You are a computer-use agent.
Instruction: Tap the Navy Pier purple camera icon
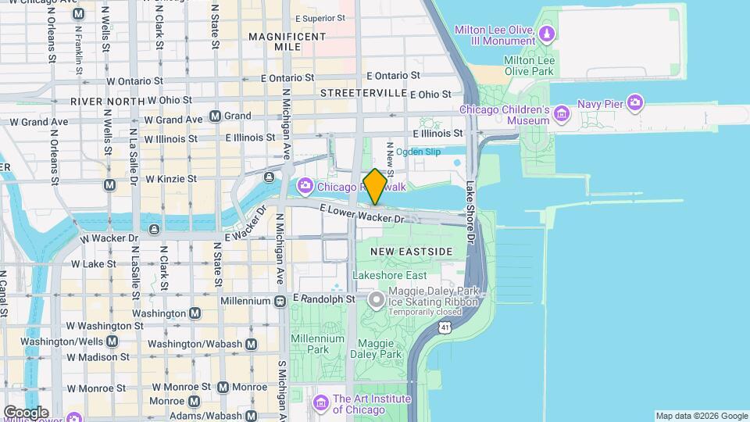[x=635, y=102]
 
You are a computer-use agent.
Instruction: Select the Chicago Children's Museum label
[x=505, y=115]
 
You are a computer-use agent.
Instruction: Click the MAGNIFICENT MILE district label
[x=287, y=41]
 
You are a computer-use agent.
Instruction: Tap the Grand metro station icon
[x=216, y=116]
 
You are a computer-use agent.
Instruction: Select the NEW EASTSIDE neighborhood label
[x=411, y=252]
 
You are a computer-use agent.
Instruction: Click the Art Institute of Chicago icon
[x=320, y=402]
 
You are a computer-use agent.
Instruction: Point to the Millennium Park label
[x=317, y=344]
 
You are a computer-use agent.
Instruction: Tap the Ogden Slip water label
[x=419, y=152]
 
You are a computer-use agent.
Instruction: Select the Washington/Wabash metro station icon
[x=252, y=344]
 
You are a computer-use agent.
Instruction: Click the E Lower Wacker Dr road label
[x=365, y=213]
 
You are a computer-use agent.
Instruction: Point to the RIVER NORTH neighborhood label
[x=107, y=102]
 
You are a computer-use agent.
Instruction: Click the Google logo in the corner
[x=26, y=413]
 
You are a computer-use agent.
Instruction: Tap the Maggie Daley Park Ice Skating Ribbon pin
[x=377, y=299]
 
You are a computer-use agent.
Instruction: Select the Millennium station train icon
[x=280, y=301]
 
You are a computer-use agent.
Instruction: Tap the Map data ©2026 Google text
[x=701, y=416]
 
